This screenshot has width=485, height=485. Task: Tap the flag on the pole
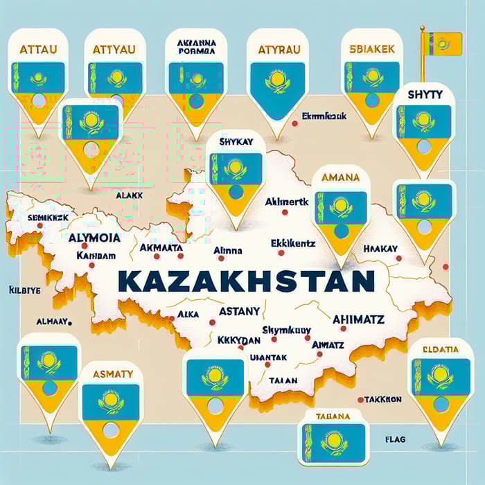coord(443,44)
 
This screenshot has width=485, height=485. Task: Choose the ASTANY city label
coord(238,311)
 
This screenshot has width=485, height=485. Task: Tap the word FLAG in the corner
coord(394,439)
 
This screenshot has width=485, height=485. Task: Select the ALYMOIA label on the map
coord(91,237)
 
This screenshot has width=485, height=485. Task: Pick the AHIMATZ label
coord(358,319)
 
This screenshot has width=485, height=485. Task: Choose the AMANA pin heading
coord(341,177)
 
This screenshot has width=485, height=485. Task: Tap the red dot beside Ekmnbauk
coord(295,123)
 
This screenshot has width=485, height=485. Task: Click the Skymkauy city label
coord(285,330)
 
